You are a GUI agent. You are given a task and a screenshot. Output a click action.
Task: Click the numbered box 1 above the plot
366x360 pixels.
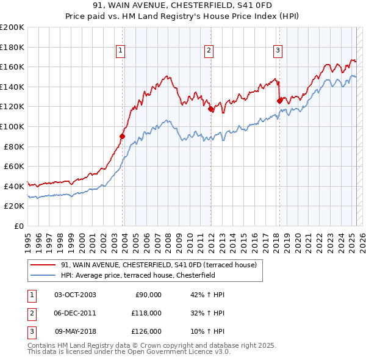(x=120, y=51)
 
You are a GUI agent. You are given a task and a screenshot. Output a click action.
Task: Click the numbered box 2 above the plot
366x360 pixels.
(x=209, y=51)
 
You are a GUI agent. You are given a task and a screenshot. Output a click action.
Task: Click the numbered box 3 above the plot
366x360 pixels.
(x=278, y=51)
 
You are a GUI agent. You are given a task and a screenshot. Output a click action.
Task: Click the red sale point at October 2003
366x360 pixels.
(x=123, y=136)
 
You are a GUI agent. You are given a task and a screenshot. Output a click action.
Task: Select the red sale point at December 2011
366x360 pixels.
(x=211, y=109)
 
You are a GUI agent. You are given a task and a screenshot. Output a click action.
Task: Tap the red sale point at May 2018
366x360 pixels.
(x=279, y=101)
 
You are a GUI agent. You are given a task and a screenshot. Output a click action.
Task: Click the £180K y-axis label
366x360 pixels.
(x=13, y=46)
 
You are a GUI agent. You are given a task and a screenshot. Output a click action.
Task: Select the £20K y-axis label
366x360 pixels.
(x=15, y=206)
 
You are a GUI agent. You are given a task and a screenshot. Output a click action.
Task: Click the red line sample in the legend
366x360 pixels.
(x=43, y=265)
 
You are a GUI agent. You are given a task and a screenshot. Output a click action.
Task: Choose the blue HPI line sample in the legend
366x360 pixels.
(x=43, y=275)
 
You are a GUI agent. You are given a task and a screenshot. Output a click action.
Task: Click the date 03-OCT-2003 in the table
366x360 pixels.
(x=75, y=295)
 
